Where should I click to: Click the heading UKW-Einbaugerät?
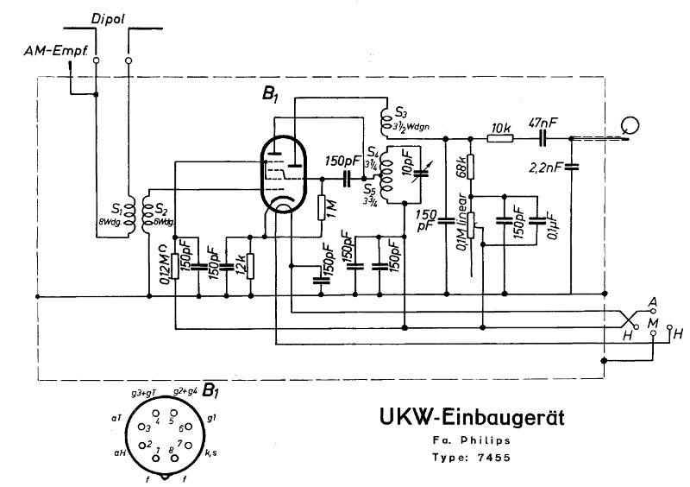click(471, 417)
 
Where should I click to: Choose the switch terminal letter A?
click(653, 300)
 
